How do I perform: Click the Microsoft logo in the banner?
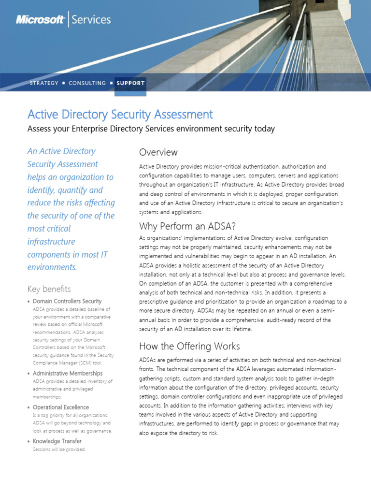pyautogui.click(x=40, y=20)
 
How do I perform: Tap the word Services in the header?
pyautogui.click(x=91, y=20)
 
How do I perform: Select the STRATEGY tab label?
pyautogui.click(x=44, y=83)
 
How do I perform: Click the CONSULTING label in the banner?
pyautogui.click(x=87, y=83)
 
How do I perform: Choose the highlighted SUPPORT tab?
pyautogui.click(x=130, y=83)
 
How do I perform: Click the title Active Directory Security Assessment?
pyautogui.click(x=120, y=115)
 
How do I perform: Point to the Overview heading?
pyautogui.click(x=158, y=152)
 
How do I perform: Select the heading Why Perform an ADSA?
pyautogui.click(x=187, y=226)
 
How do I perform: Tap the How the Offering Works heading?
pyautogui.click(x=189, y=346)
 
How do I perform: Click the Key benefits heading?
pyautogui.click(x=49, y=289)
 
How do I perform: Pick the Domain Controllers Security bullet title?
pyautogui.click(x=67, y=301)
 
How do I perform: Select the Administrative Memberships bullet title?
pyautogui.click(x=68, y=373)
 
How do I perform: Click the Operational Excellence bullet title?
pyautogui.click(x=61, y=407)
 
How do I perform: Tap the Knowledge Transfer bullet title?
pyautogui.click(x=57, y=441)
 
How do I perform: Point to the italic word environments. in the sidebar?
pyautogui.click(x=52, y=267)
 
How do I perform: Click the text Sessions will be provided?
pyautogui.click(x=59, y=450)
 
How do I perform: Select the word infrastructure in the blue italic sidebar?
pyautogui.click(x=51, y=241)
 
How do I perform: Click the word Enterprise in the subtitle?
pyautogui.click(x=90, y=129)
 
